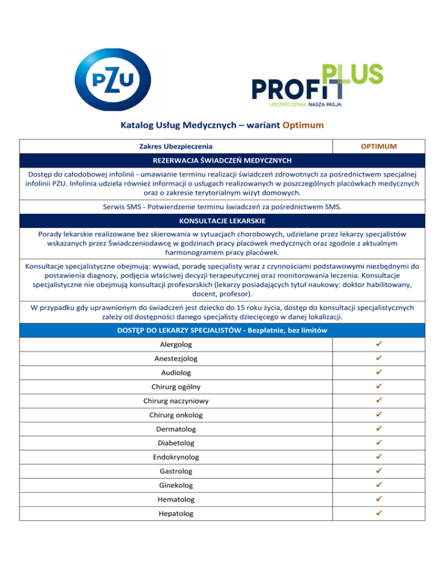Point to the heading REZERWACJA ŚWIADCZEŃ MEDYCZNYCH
[222, 161]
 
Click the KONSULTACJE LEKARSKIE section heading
[222, 221]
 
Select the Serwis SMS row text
[222, 207]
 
